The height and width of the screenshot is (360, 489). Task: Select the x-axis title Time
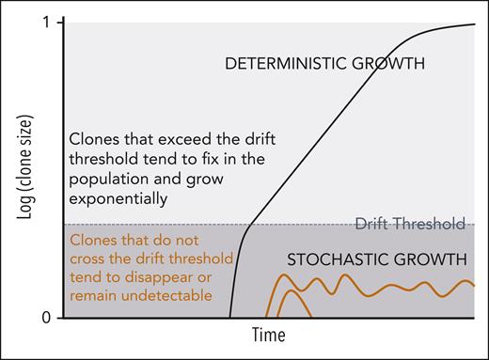tap(269, 335)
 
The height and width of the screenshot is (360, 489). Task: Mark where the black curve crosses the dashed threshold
tap(247, 225)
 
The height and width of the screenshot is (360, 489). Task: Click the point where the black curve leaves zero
tap(230, 318)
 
